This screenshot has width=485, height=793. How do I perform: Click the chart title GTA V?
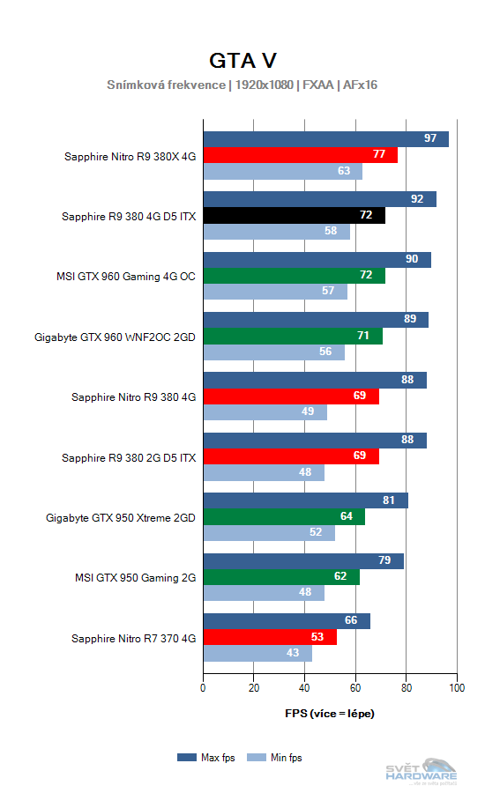point(242,60)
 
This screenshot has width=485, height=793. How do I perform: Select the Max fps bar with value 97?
point(325,139)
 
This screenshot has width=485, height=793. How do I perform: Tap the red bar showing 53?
point(270,637)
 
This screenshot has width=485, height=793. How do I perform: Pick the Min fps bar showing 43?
point(257,654)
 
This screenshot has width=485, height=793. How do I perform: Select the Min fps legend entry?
point(273,757)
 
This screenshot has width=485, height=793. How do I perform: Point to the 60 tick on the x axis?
point(355,688)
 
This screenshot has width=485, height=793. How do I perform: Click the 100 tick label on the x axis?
point(457,688)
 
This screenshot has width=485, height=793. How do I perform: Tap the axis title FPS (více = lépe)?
point(330,713)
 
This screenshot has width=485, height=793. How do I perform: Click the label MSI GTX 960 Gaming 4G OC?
point(126,276)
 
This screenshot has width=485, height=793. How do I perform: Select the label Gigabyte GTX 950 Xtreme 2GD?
point(121,517)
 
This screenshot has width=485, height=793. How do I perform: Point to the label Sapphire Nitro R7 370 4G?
point(133,637)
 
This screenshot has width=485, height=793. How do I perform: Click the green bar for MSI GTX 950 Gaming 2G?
point(281,577)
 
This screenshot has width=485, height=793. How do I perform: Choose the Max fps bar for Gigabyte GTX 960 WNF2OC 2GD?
point(316,319)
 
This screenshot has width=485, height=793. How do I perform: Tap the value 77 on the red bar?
point(379,155)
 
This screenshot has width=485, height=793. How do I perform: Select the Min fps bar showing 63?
point(282,172)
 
